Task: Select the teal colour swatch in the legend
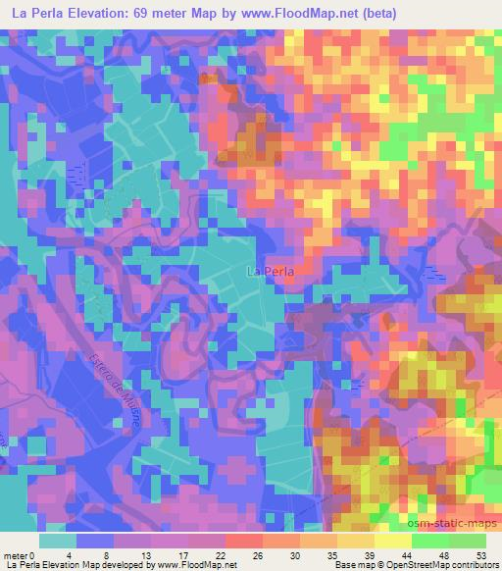(58, 541)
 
